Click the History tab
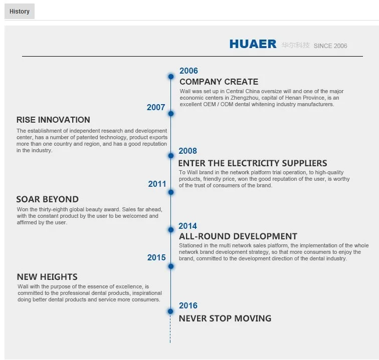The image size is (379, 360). click(x=20, y=12)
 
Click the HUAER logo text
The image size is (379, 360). click(x=253, y=44)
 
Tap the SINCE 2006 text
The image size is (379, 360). click(x=330, y=46)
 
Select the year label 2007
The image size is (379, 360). click(x=156, y=107)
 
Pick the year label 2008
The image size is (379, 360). click(x=188, y=151)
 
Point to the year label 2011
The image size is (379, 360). click(x=157, y=184)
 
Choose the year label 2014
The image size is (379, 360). click(x=188, y=226)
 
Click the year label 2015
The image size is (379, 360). click(x=156, y=258)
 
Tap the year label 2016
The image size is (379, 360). click(x=188, y=305)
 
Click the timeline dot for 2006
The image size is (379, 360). click(x=171, y=77)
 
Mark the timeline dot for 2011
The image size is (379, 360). click(x=171, y=192)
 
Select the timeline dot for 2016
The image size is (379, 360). click(x=170, y=311)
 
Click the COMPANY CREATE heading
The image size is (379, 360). click(x=219, y=82)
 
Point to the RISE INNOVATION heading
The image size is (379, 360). click(x=53, y=120)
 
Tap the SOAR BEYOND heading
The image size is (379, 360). click(x=47, y=199)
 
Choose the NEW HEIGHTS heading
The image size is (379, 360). click(x=47, y=277)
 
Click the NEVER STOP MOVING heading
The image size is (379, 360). click(x=225, y=318)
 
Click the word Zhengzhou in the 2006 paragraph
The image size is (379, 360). click(x=244, y=98)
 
